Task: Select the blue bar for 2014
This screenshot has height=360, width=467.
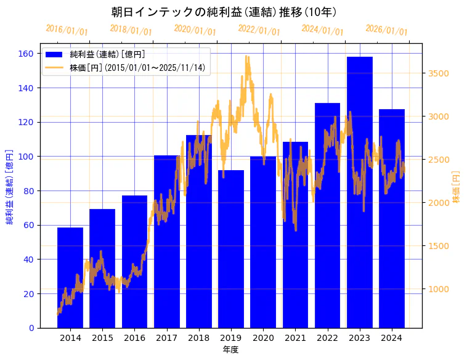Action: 70,277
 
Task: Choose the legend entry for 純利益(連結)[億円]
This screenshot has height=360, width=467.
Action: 107,55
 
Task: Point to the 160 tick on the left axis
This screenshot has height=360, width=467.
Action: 26,54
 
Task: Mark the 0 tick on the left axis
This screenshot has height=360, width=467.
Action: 31,328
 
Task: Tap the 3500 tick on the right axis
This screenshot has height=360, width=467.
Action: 438,73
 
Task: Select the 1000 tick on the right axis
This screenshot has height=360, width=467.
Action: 438,289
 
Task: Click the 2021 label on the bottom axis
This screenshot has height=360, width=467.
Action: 295,338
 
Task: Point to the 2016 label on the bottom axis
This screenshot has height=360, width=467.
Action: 134,338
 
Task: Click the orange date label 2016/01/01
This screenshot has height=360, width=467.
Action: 67,30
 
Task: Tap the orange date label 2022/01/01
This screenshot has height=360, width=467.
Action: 259,30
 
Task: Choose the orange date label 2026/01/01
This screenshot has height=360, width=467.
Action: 386,30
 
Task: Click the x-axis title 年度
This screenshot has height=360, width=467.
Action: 231,350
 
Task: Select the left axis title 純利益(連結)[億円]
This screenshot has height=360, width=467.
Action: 10,186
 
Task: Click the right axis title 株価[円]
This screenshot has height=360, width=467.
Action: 457,187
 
